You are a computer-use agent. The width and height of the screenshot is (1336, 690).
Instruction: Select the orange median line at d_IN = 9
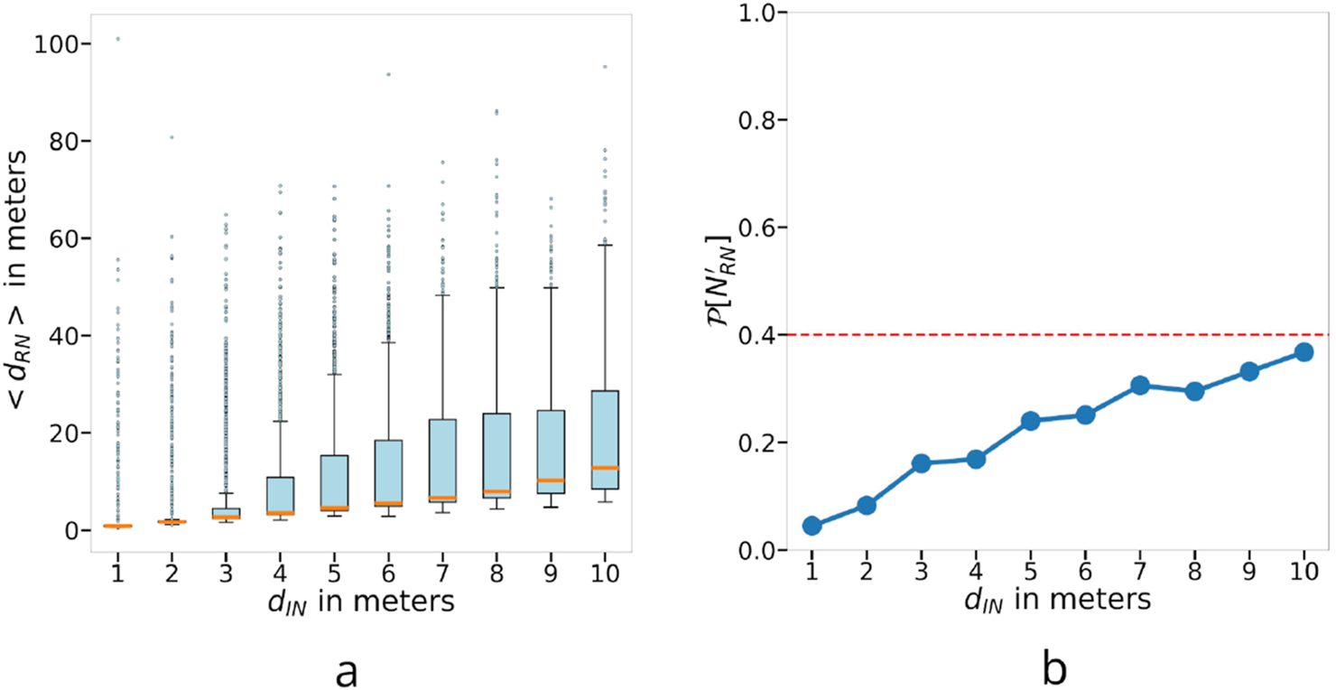[551, 480]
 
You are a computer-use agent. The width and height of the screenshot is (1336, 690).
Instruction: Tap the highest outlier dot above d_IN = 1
[118, 39]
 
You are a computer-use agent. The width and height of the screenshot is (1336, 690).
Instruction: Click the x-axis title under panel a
[357, 600]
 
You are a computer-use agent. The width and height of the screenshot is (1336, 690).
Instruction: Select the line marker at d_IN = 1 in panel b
[812, 526]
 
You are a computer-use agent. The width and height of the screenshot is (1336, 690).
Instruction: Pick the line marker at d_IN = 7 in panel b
[1139, 386]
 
